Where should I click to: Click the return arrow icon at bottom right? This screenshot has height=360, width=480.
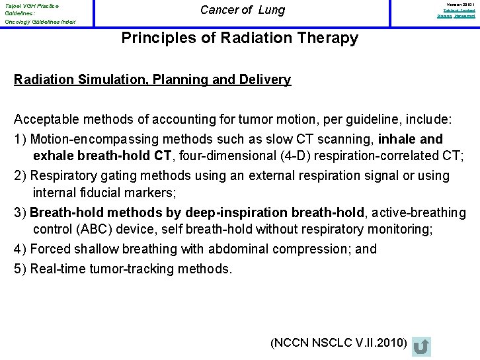(x=420, y=346)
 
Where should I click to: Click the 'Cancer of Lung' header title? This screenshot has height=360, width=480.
(x=242, y=10)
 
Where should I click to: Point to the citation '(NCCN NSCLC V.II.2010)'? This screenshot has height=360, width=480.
(x=339, y=342)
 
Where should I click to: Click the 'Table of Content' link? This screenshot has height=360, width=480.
(x=459, y=11)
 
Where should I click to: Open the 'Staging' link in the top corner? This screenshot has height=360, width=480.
(x=443, y=16)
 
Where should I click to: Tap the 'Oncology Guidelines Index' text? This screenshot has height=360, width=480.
(x=40, y=22)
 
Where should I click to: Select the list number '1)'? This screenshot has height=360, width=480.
(x=20, y=140)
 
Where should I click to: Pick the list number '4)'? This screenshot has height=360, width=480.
(x=20, y=249)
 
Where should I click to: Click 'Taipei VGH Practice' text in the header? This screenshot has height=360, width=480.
(x=31, y=5)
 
